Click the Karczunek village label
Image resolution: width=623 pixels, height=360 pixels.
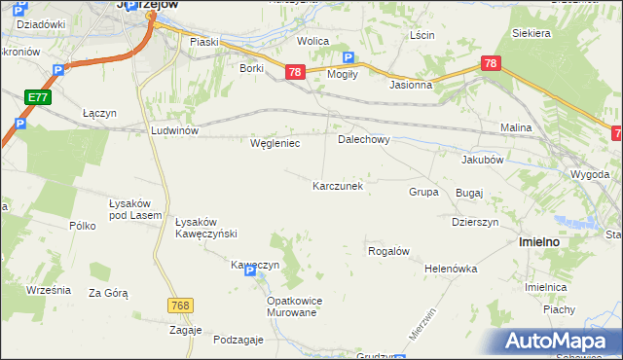tap(338, 185)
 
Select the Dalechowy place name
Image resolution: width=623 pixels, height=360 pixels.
tap(363, 139)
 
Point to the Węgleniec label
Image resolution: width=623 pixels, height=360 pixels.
tap(275, 143)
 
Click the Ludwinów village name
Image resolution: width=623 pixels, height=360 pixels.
tap(174, 129)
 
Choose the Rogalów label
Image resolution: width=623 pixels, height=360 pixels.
tap(387, 250)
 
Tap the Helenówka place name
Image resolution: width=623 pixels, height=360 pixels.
tap(449, 268)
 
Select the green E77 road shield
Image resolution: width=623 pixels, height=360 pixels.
tap(38, 97)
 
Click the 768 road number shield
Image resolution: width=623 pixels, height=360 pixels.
tap(179, 306)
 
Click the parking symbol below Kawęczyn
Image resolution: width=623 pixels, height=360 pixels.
tap(250, 273)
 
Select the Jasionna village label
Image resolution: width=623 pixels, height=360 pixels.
tap(410, 85)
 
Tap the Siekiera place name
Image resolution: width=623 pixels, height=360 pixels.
tap(531, 33)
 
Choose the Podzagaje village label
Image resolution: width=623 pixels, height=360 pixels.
tap(238, 339)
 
